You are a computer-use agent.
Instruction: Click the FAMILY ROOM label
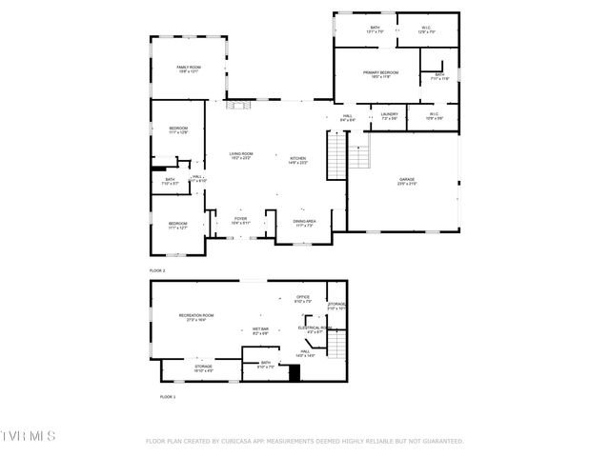[188, 68]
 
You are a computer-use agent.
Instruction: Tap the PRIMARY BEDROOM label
[379, 73]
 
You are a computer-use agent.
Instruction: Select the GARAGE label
[407, 180]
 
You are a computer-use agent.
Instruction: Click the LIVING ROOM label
[240, 154]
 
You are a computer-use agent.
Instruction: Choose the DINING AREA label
[304, 222]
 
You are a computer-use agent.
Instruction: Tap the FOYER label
[240, 219]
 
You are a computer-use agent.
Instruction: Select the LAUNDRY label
[389, 115]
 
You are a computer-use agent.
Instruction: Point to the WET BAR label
[260, 328]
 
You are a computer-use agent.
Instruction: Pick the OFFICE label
[303, 298]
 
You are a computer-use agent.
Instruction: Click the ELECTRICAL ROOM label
[314, 328]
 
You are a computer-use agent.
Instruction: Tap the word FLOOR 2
[157, 271]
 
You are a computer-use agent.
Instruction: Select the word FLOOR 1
[167, 395]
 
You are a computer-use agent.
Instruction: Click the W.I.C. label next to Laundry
[433, 115]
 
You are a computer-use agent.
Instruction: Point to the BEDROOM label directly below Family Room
[179, 129]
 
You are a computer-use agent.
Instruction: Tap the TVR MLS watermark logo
[28, 435]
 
